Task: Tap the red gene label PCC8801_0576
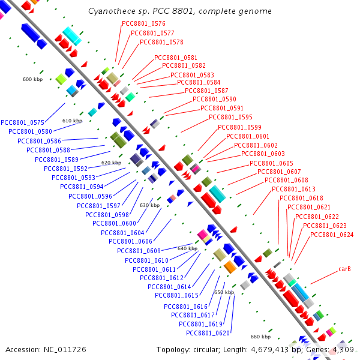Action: pyautogui.click(x=143, y=24)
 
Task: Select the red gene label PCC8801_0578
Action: pyautogui.click(x=161, y=43)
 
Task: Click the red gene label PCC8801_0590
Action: pyautogui.click(x=214, y=100)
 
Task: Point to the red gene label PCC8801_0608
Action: pyautogui.click(x=286, y=181)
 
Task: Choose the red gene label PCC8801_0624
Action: pyautogui.click(x=332, y=235)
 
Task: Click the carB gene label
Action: pyautogui.click(x=344, y=269)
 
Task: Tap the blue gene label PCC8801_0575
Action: pyautogui.click(x=23, y=122)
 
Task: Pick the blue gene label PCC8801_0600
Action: pyautogui.click(x=114, y=223)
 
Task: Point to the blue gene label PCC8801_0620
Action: pyautogui.click(x=208, y=333)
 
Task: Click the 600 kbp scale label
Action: pyautogui.click(x=33, y=79)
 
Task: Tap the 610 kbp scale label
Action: pyautogui.click(x=72, y=121)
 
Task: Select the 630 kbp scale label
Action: pyautogui.click(x=149, y=205)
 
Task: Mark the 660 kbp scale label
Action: pyautogui.click(x=260, y=337)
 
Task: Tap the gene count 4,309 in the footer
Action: pyautogui.click(x=341, y=349)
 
